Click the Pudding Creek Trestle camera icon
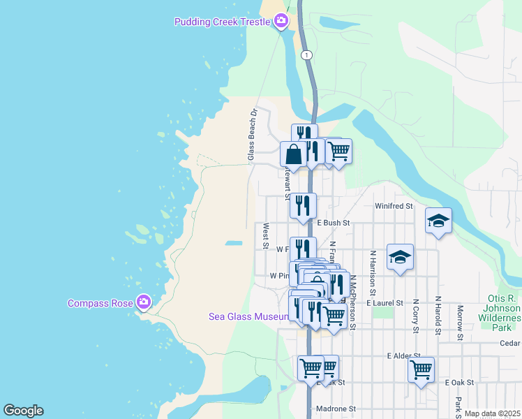tap(281, 21)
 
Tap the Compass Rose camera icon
tap(144, 302)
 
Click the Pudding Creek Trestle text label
tap(221, 22)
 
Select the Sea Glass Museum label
tap(248, 316)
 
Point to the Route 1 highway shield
tap(307, 54)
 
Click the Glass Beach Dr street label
tap(253, 135)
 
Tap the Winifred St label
tap(394, 207)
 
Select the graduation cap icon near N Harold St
tap(438, 221)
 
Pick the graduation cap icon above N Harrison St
tap(400, 256)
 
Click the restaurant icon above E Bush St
tap(303, 205)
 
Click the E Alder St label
tap(403, 355)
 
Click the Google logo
tap(23, 411)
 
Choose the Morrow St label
tap(461, 323)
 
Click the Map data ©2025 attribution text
tap(491, 413)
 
